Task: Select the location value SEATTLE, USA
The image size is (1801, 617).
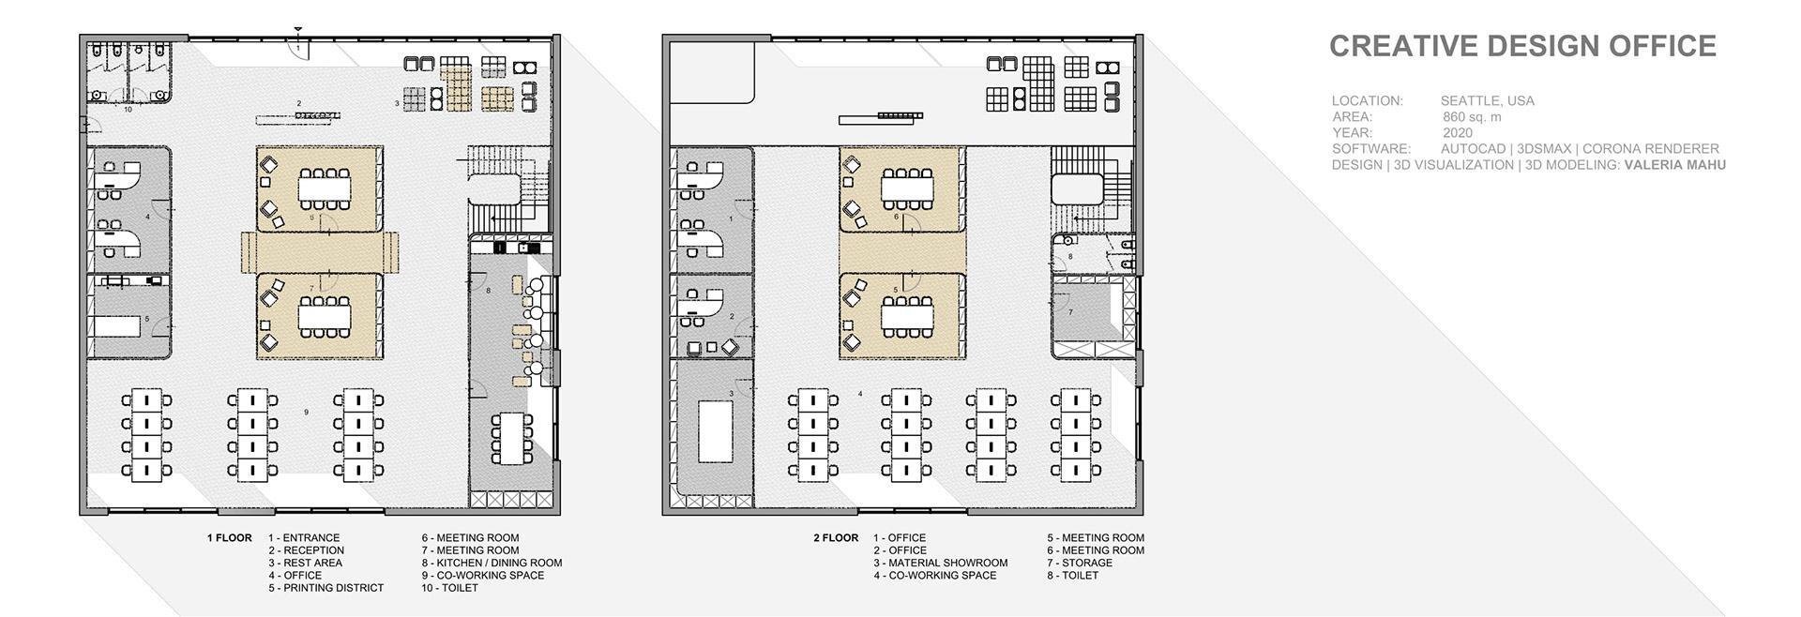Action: click(1488, 101)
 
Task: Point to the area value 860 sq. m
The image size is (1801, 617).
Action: click(1472, 117)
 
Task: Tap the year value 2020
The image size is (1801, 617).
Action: click(1458, 133)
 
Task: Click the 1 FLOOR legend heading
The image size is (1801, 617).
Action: click(230, 538)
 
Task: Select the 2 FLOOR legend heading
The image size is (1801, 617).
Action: click(836, 538)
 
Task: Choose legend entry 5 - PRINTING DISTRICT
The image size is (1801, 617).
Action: click(325, 588)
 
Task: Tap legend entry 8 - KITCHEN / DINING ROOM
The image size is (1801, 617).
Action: click(492, 564)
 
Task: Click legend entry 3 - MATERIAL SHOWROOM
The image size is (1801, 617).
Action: click(940, 564)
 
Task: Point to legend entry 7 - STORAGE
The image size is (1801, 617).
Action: click(1080, 564)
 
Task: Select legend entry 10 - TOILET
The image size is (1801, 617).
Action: click(449, 588)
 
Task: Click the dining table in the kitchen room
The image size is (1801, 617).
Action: click(511, 437)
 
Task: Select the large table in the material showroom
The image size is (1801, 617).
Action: click(716, 430)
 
